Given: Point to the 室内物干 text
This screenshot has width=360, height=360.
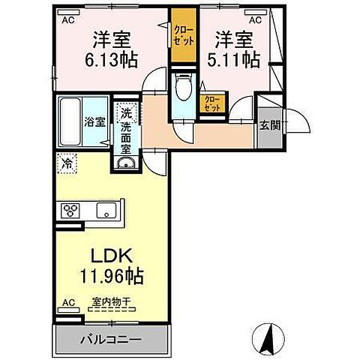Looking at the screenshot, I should pos(112,302).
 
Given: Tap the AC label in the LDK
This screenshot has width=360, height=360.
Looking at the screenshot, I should pos(68,303).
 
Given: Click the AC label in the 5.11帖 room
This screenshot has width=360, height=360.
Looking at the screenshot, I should pos(255,20).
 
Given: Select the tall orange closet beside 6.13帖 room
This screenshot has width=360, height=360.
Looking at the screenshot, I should pos(181,37).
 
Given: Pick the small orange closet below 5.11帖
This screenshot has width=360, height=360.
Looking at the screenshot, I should pos(213,103).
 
